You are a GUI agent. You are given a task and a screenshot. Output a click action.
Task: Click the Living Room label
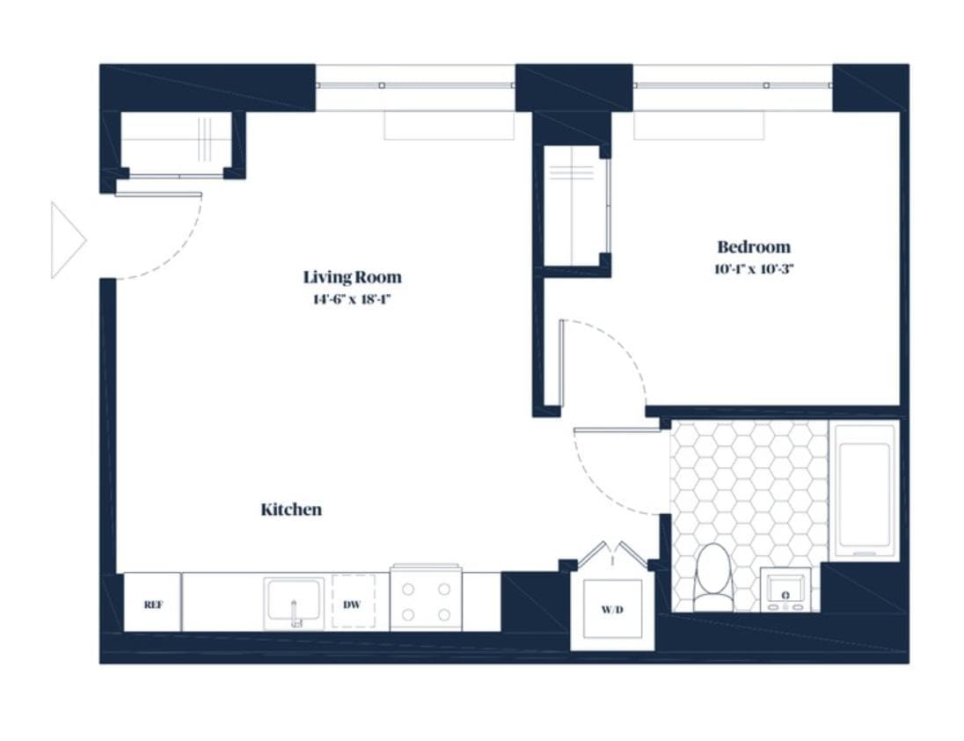[352, 277]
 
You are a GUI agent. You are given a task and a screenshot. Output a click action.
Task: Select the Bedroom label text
[753, 247]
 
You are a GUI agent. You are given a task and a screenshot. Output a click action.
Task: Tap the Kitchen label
[291, 510]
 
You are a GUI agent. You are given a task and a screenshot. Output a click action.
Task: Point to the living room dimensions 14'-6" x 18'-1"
[352, 299]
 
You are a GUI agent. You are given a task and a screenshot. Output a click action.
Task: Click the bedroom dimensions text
[753, 269]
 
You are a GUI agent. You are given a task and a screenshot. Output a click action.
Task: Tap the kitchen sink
[294, 603]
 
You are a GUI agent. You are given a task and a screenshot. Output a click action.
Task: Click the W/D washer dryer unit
[612, 609]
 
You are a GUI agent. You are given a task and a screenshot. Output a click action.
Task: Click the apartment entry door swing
[163, 238]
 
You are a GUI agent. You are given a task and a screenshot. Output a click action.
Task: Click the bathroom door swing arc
[616, 471]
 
